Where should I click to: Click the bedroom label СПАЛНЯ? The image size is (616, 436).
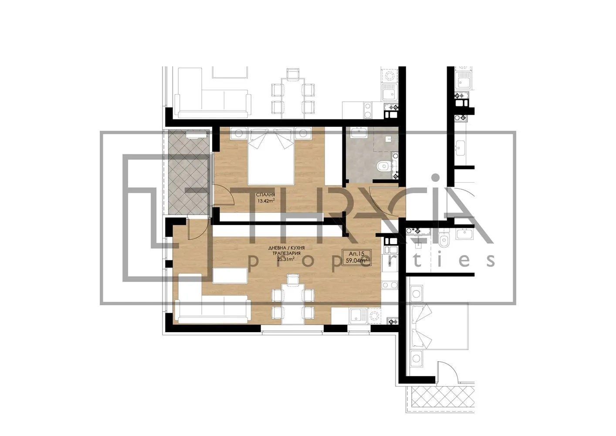(x=265, y=195)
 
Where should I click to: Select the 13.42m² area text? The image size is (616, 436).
(x=265, y=201)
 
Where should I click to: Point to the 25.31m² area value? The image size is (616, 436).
(x=285, y=259)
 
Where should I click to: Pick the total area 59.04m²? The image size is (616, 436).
(x=356, y=260)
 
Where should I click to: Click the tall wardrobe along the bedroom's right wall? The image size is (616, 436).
(x=333, y=157)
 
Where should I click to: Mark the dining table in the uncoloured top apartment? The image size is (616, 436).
(x=293, y=96)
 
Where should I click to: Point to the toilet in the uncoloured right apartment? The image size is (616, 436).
(x=443, y=240)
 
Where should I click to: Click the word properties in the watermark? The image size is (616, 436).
(x=370, y=260)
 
